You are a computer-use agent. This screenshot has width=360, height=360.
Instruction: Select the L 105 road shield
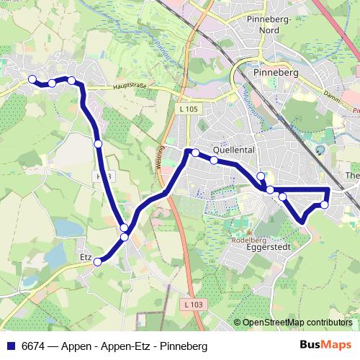tap(189, 108)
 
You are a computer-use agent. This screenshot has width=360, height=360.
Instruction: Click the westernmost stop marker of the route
tap(32, 79)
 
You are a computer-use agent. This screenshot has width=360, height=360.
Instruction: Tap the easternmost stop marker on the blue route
tap(324, 205)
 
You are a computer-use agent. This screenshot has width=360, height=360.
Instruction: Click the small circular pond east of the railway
tap(320, 150)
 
